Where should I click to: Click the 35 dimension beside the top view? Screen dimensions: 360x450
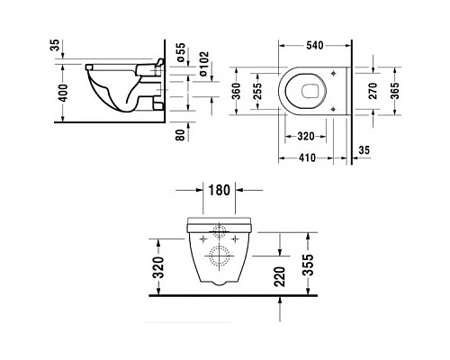366,151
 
